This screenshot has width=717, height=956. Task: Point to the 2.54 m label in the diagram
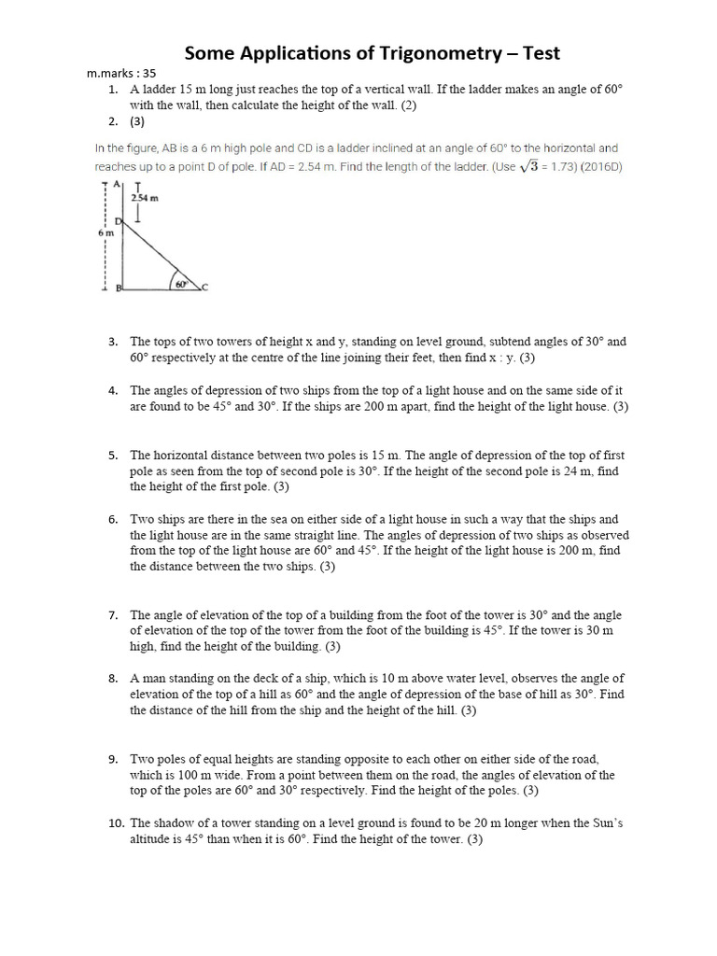coord(143,198)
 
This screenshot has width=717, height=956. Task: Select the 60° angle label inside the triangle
coord(180,283)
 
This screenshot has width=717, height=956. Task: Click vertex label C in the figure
coord(204,288)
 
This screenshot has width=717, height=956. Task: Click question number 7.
coord(112,615)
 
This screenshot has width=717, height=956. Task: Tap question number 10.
coord(116,823)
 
